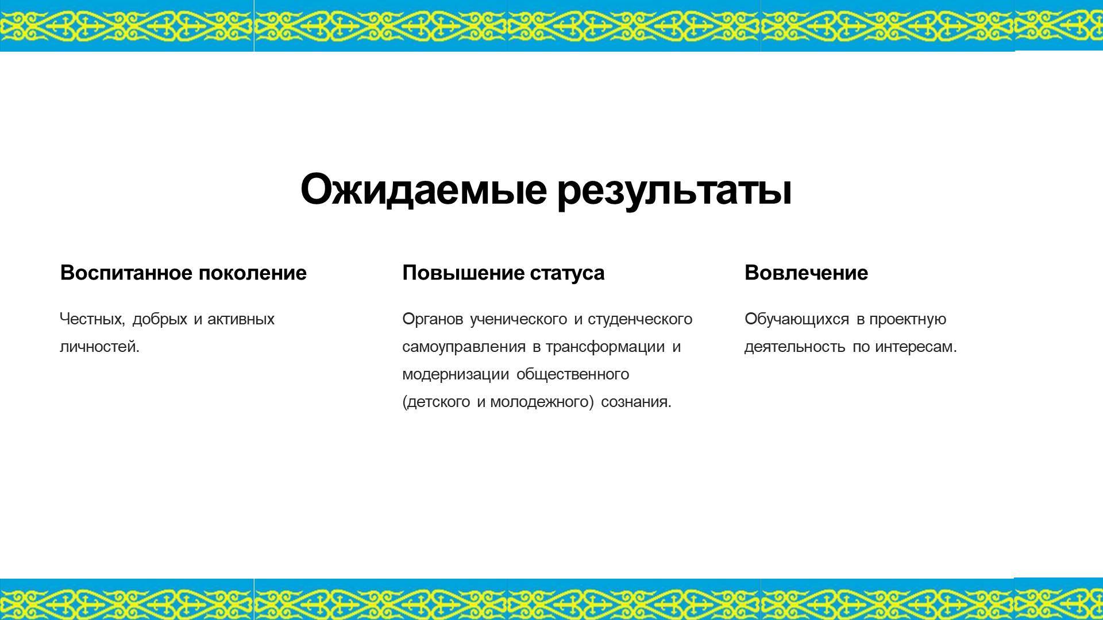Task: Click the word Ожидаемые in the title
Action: pyautogui.click(x=423, y=189)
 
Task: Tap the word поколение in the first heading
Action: pyautogui.click(x=253, y=273)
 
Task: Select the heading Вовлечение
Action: pyautogui.click(x=806, y=273)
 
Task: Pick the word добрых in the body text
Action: pyautogui.click(x=160, y=319)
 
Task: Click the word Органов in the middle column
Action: pyautogui.click(x=433, y=319)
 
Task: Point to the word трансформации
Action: pyautogui.click(x=605, y=347)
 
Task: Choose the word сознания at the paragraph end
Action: pyautogui.click(x=636, y=402)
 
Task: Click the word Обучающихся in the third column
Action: pyautogui.click(x=796, y=319)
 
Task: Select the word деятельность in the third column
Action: pyautogui.click(x=795, y=347)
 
